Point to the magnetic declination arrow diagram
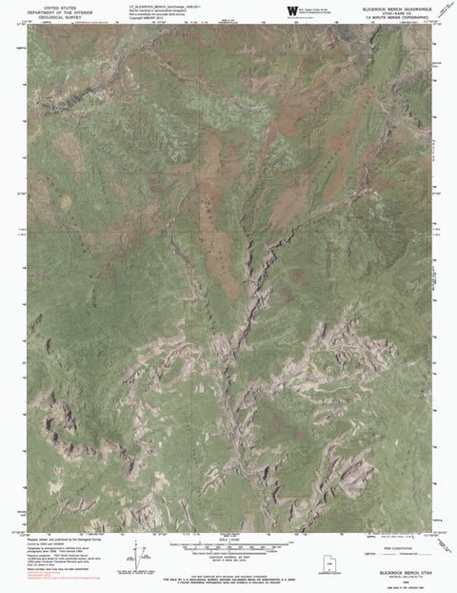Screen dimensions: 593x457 tap(140, 550)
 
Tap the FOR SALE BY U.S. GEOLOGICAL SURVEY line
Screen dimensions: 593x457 tap(228, 572)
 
